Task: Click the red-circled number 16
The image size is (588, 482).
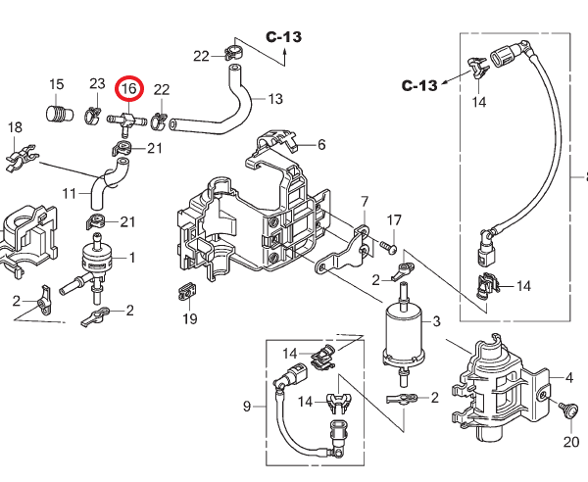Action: click(x=129, y=89)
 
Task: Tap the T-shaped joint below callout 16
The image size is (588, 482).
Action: click(x=126, y=122)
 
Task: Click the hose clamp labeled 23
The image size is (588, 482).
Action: click(x=92, y=116)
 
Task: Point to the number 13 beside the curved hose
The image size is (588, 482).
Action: click(x=275, y=99)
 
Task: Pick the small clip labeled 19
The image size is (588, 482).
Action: click(x=186, y=292)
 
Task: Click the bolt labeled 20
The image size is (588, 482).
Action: click(x=566, y=410)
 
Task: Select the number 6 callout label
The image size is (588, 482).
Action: click(x=321, y=145)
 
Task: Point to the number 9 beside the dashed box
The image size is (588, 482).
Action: click(x=246, y=407)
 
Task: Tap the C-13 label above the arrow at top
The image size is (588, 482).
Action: click(x=284, y=37)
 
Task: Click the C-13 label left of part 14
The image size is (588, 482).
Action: click(x=419, y=85)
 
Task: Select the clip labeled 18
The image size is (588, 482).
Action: click(x=22, y=158)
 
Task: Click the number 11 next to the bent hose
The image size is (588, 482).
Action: click(x=69, y=194)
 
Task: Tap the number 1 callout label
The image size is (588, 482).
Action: click(x=132, y=258)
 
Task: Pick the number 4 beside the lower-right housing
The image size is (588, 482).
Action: click(x=568, y=378)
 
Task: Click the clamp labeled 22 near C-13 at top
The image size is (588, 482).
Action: click(x=233, y=53)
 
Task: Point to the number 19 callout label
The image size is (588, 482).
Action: click(x=190, y=319)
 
